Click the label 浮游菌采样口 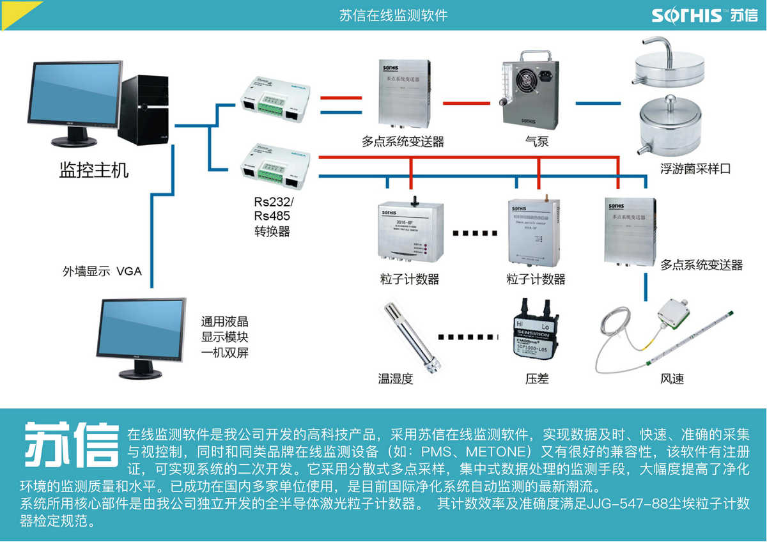point(695,169)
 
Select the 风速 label point(672,379)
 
